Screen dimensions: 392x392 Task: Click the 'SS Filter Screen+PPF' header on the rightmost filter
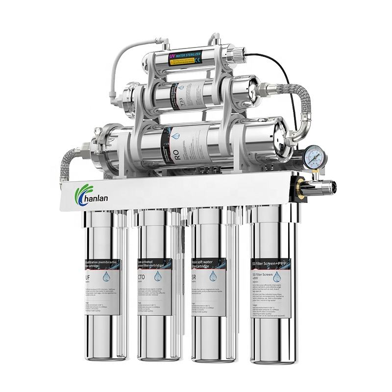270,264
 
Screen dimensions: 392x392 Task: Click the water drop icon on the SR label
213,276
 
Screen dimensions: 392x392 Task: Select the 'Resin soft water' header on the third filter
205,264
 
